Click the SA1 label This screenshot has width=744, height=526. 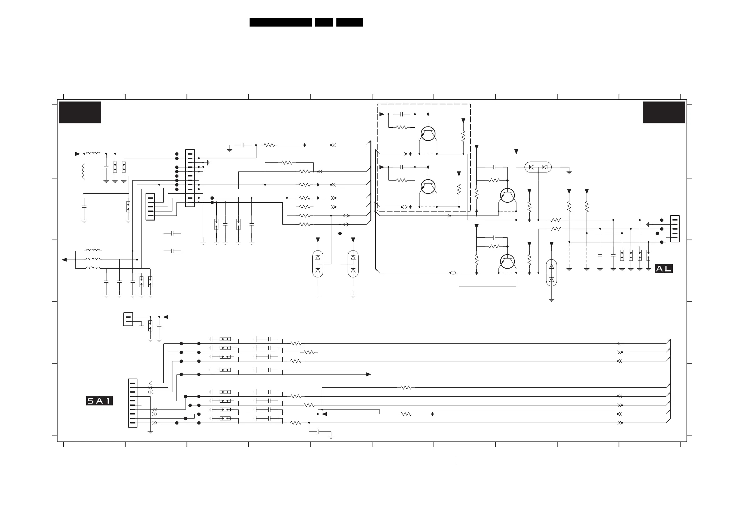click(x=99, y=401)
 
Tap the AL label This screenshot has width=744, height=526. click(x=664, y=269)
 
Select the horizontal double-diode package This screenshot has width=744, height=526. click(x=538, y=167)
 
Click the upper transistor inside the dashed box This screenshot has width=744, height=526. click(x=428, y=133)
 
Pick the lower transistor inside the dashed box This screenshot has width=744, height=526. click(x=428, y=187)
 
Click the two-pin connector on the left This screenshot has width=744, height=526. click(x=128, y=319)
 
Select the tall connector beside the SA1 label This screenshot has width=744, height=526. click(x=133, y=403)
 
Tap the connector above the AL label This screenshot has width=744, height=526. click(x=675, y=229)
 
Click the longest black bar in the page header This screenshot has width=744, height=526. click(x=280, y=22)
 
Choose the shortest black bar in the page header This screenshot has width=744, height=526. click(x=324, y=22)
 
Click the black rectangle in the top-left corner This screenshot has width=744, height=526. click(x=80, y=112)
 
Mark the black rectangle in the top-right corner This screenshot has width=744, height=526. click(x=664, y=112)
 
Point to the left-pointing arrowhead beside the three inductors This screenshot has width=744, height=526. click(x=64, y=260)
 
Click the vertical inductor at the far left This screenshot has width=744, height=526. click(x=83, y=171)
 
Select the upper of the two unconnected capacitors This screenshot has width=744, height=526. click(x=172, y=233)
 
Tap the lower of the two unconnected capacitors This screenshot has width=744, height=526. click(x=172, y=251)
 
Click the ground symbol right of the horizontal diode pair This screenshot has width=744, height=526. click(x=569, y=172)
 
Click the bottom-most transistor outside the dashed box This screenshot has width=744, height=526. click(x=507, y=261)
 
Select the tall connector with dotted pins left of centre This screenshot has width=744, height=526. click(x=190, y=178)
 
